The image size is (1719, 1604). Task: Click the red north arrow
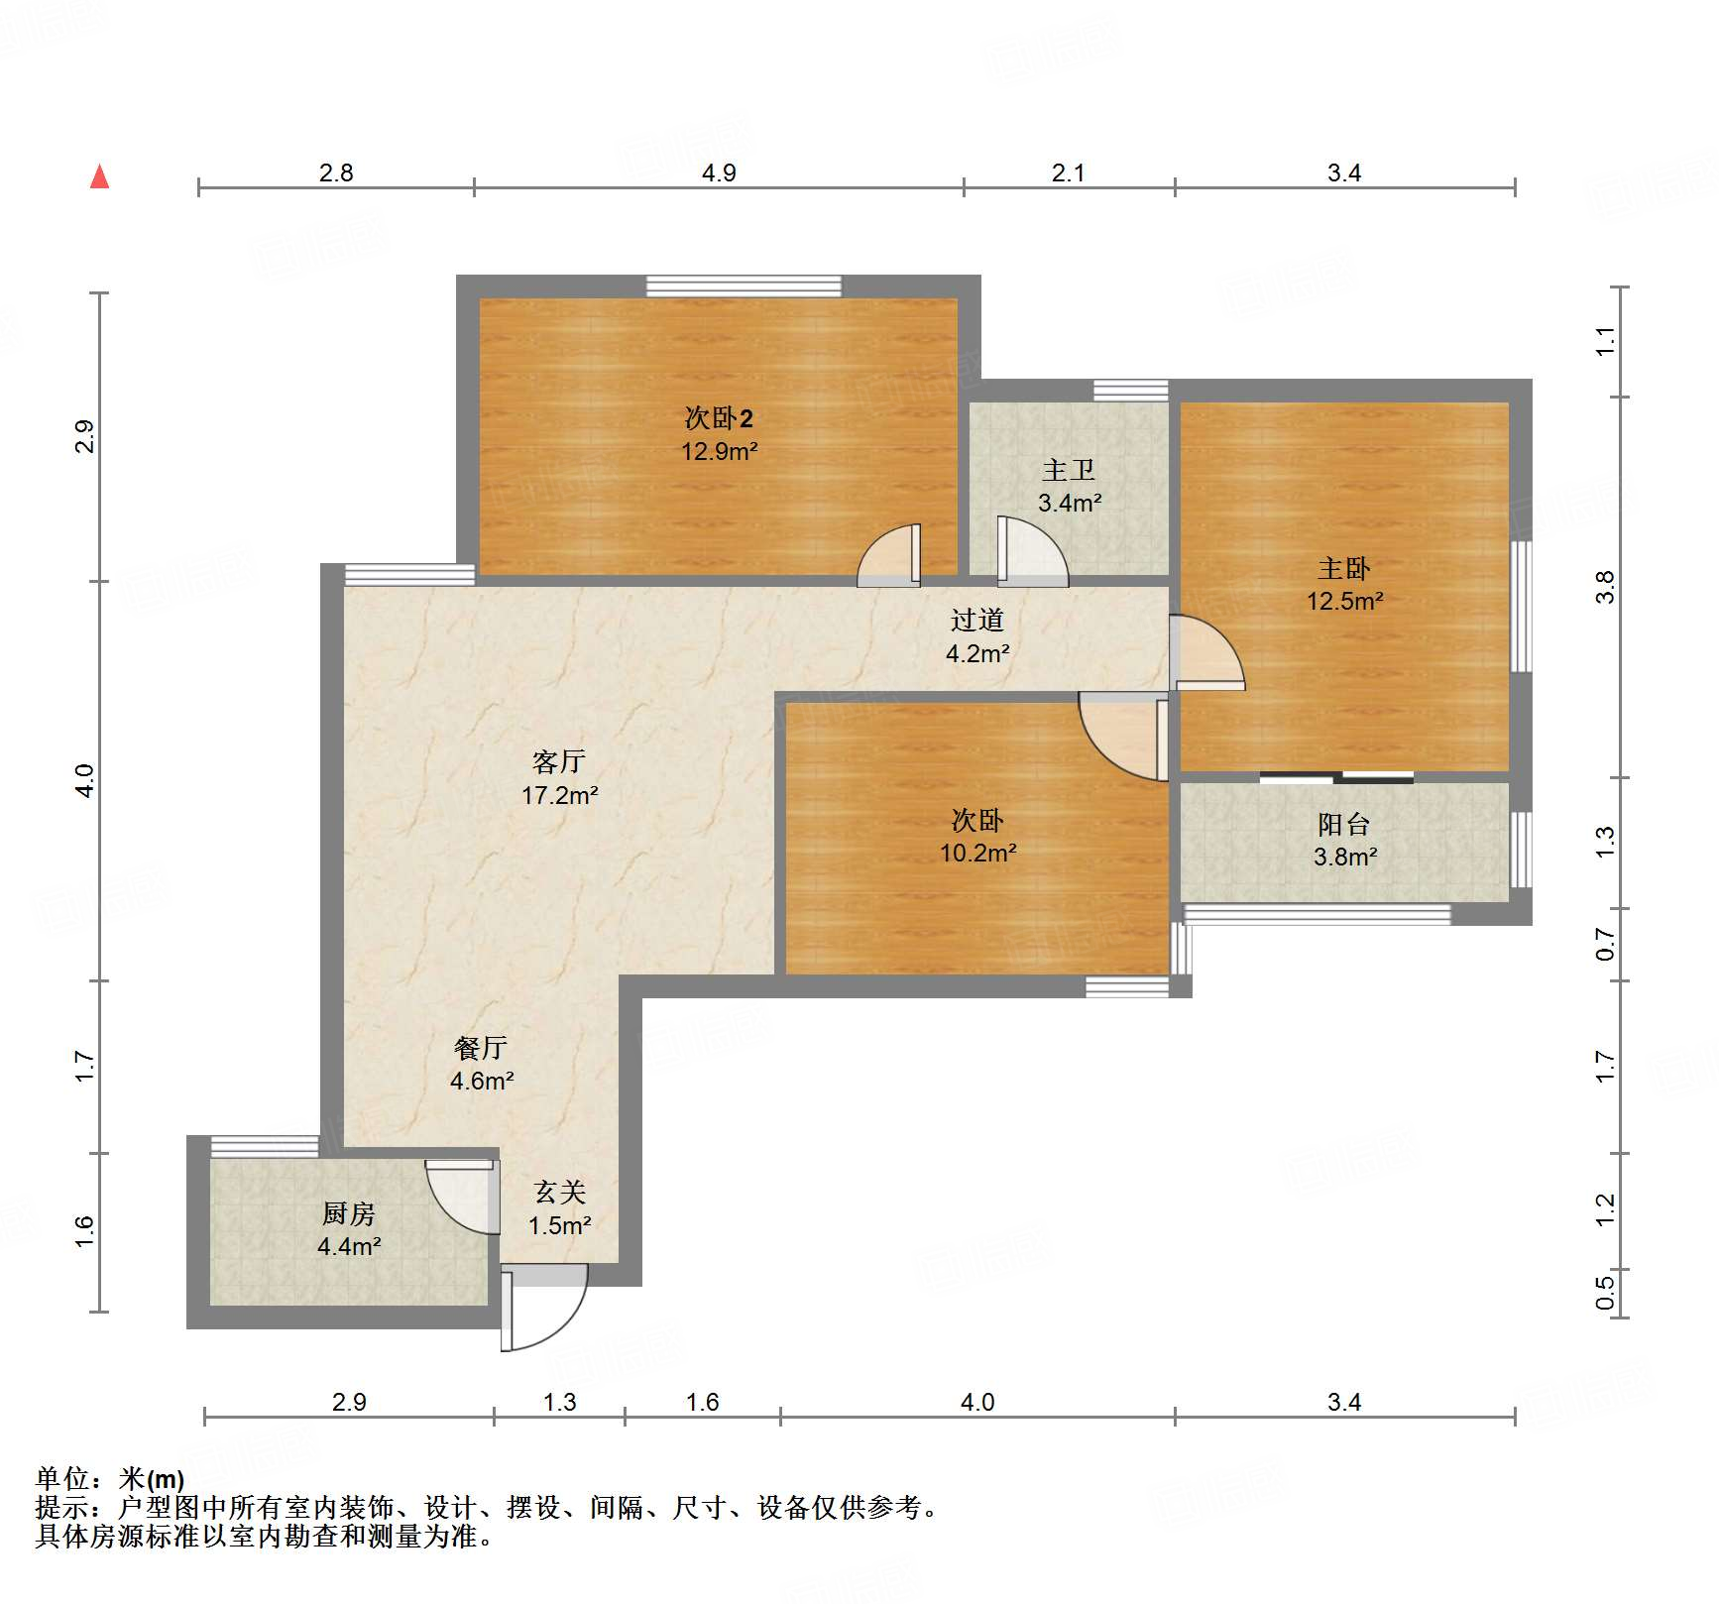(99, 176)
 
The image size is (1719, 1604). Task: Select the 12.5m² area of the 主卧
(1344, 601)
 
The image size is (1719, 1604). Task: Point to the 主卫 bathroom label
(1069, 470)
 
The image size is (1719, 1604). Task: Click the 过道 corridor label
(977, 621)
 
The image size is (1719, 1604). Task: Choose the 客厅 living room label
(559, 761)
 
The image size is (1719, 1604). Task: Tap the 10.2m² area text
(978, 853)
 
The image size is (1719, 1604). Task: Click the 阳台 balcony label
(1344, 824)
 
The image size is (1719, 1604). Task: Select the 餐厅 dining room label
(481, 1048)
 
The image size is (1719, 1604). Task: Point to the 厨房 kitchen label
(349, 1213)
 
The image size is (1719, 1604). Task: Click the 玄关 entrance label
(560, 1193)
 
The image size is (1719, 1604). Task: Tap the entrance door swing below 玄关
(544, 1307)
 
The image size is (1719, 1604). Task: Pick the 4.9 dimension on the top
(719, 173)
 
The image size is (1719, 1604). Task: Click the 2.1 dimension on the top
(1068, 173)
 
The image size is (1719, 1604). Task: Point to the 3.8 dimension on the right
(1605, 587)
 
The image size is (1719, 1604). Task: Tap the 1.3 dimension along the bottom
(560, 1402)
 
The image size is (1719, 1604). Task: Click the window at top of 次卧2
(744, 286)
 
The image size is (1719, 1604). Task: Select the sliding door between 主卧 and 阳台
(1336, 777)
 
